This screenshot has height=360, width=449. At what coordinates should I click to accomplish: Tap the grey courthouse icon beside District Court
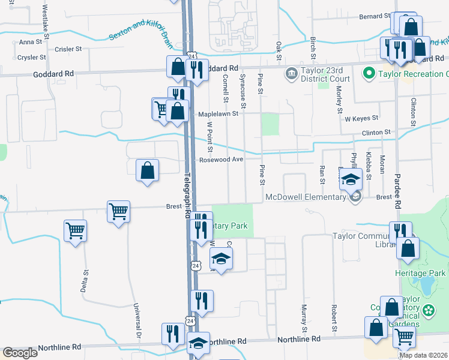(292, 74)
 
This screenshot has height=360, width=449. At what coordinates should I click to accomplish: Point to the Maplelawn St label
(218, 113)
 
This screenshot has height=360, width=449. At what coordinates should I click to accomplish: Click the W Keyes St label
(361, 118)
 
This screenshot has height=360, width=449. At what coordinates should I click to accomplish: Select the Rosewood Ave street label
(221, 160)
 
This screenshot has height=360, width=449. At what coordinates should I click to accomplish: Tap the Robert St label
(334, 318)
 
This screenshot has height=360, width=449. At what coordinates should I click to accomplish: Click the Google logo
(20, 353)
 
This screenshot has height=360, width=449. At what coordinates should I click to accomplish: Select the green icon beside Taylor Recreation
(369, 74)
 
